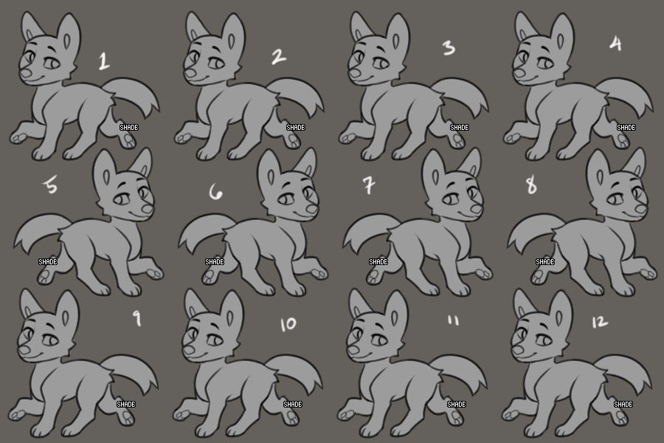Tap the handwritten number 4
[616, 44]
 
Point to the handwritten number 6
[215, 193]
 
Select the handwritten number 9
[136, 318]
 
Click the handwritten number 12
[600, 322]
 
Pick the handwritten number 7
[369, 185]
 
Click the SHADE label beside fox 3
[460, 127]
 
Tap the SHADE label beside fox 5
[48, 262]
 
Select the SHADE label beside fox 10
[293, 405]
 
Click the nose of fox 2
[190, 73]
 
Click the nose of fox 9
[24, 350]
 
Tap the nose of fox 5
[148, 208]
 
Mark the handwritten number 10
[288, 324]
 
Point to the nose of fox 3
[354, 73]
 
